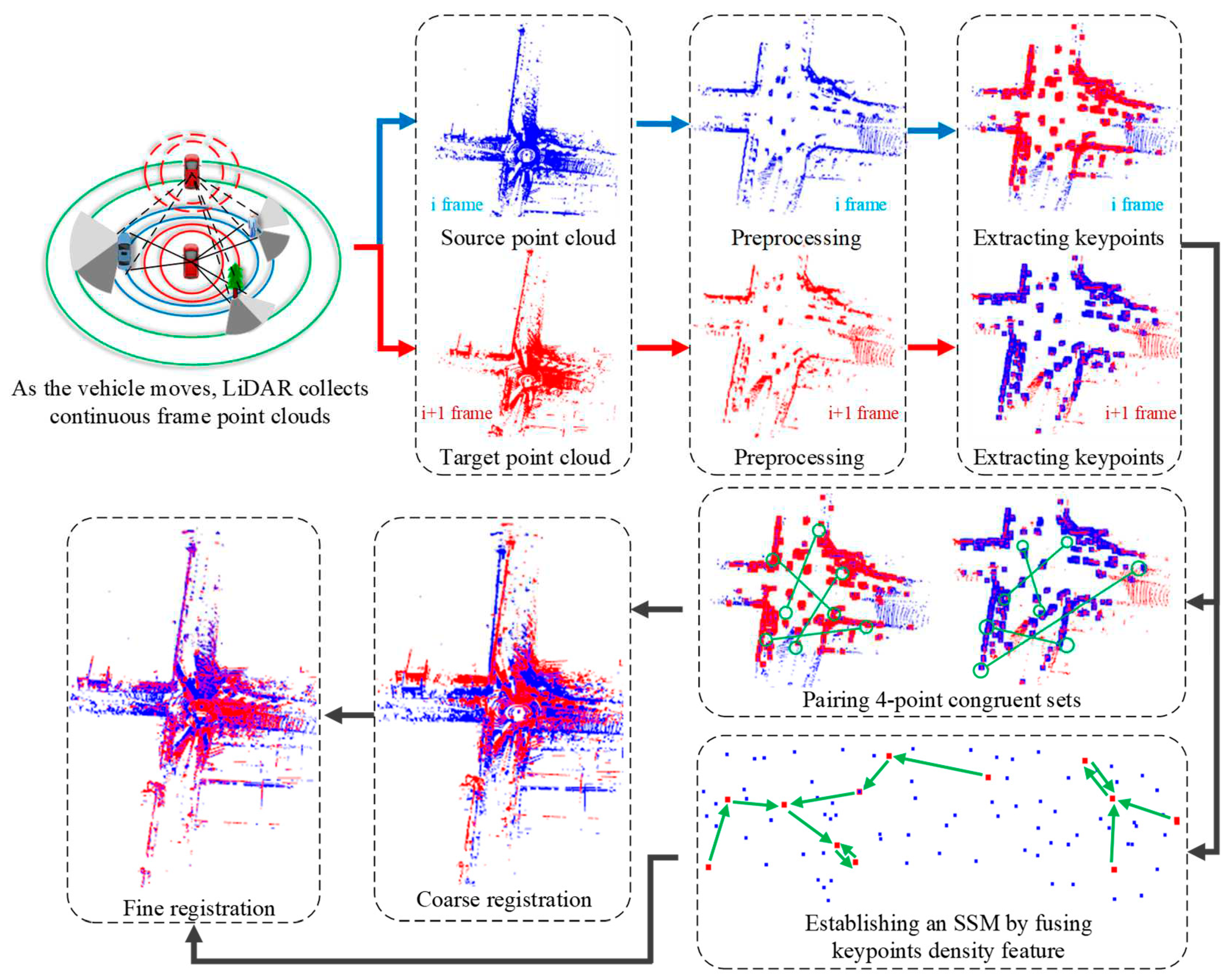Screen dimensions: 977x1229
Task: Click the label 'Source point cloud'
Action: pyautogui.click(x=528, y=238)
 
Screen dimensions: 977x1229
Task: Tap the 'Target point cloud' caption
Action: pyautogui.click(x=525, y=457)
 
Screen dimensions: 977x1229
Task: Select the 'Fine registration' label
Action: pyautogui.click(x=199, y=908)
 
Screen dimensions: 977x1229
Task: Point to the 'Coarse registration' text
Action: pyautogui.click(x=504, y=899)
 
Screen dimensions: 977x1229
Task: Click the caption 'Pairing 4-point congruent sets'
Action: pyautogui.click(x=941, y=700)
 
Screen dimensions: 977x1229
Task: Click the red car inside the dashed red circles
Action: pyautogui.click(x=191, y=169)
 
